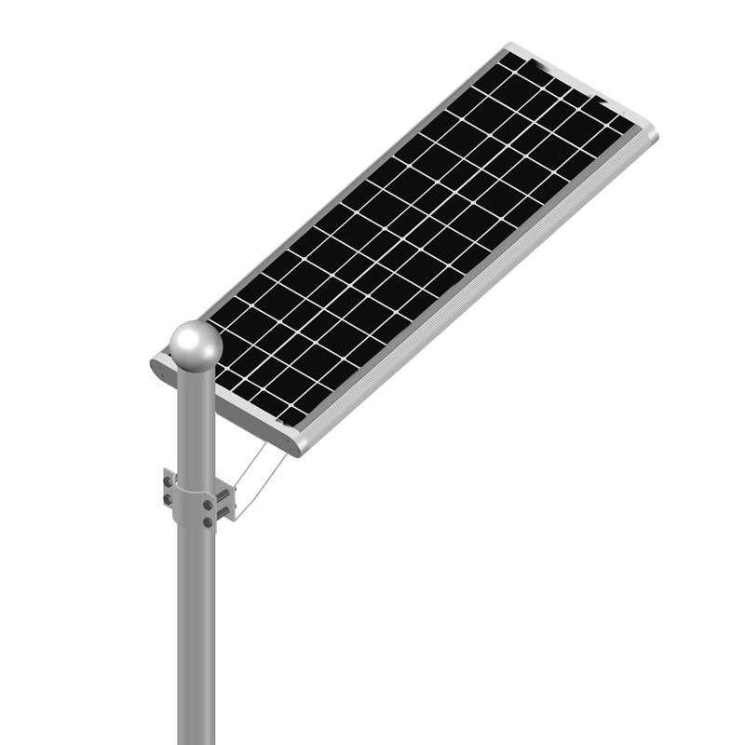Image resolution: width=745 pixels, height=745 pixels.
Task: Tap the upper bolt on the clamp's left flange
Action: pos(169,481)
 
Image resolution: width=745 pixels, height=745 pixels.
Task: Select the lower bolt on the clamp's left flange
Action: pos(169,500)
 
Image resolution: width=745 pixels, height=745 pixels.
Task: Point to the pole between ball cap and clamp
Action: pos(195,419)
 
